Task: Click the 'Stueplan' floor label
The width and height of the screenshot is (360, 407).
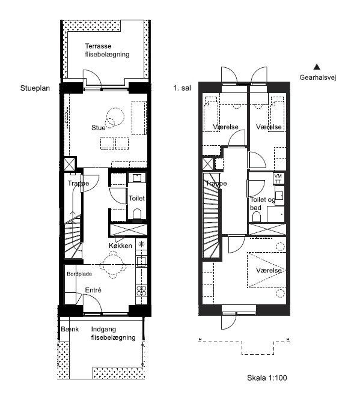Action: (x=35, y=88)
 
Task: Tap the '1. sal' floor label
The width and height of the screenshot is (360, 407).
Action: (x=182, y=88)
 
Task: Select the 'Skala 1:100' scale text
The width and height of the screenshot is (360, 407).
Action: (x=267, y=378)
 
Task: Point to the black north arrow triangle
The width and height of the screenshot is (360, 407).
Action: (x=317, y=67)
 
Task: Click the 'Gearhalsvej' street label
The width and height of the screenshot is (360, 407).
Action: (x=318, y=77)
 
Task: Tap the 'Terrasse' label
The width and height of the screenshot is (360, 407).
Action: (x=98, y=46)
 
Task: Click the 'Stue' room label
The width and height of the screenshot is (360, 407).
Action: (x=98, y=127)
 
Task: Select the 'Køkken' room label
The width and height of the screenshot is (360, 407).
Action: (x=120, y=246)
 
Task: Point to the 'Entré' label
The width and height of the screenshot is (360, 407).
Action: (x=93, y=290)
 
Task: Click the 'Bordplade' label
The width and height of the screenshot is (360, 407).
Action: (x=79, y=274)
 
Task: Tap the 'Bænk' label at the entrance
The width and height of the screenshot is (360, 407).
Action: (x=70, y=329)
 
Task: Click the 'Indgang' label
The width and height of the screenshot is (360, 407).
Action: (x=103, y=330)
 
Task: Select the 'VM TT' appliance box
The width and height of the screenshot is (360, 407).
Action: (x=278, y=178)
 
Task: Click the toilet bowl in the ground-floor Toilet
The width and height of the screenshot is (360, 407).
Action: (x=137, y=214)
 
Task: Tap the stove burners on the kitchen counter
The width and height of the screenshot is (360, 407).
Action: (x=141, y=291)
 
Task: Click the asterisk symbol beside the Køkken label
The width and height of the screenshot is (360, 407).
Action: (x=141, y=244)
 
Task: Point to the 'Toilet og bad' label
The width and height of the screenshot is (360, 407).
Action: (x=263, y=203)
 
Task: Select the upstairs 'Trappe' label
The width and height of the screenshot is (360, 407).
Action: (x=216, y=183)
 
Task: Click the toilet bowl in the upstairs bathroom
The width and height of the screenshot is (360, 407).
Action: (x=257, y=217)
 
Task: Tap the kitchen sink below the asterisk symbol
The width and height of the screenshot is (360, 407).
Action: (x=141, y=261)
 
